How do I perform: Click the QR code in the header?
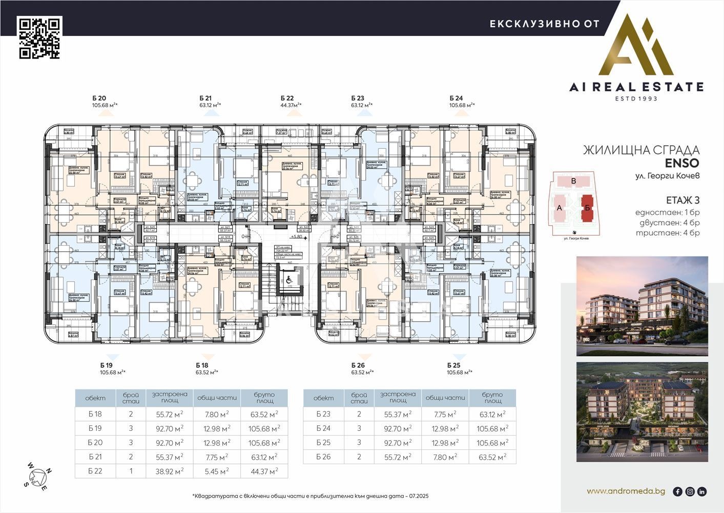39,37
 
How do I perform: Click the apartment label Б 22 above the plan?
287,98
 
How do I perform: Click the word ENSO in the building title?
681,163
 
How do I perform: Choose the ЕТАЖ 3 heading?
682,200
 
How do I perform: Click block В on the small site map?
573,181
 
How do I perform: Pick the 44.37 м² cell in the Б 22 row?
264,471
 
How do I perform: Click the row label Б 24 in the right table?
323,428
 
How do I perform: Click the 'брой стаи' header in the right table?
359,398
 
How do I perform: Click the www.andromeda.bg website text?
626,491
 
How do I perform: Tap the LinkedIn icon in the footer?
702,491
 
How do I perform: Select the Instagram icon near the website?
690,491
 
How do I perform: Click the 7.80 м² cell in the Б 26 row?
445,457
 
